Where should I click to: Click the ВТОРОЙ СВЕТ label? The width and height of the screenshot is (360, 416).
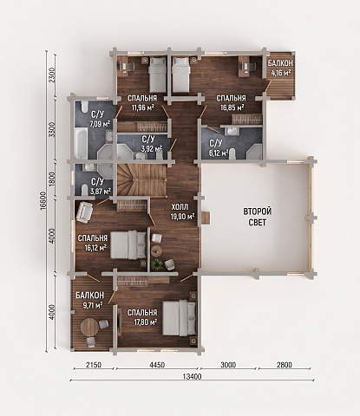pos(258,217)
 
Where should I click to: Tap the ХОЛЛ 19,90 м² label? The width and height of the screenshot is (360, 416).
pos(182,211)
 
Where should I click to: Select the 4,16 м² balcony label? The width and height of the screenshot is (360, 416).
pos(280,68)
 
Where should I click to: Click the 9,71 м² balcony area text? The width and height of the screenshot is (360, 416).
pos(89,300)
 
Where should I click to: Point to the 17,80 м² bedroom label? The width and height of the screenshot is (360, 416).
pos(142,317)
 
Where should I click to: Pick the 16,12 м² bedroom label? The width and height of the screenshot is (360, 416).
pos(93,243)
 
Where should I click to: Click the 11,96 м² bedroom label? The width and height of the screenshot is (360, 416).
pos(142,102)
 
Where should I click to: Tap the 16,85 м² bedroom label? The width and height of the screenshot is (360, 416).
pos(231,103)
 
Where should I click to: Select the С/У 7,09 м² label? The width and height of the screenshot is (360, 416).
pos(100,119)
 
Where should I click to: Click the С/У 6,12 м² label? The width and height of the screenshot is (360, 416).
pos(219,147)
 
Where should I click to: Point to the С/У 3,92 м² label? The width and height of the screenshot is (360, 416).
pos(151,144)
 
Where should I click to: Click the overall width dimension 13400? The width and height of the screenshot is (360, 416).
pos(192,377)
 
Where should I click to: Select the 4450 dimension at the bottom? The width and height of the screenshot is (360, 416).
pos(157,365)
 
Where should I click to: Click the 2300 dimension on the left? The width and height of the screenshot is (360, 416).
pos(52,75)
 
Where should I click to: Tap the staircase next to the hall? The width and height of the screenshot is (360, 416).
pos(141,179)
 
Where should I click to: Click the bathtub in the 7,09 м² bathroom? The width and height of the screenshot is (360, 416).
pos(81,143)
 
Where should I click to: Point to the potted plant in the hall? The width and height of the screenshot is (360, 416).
pos(157,263)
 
